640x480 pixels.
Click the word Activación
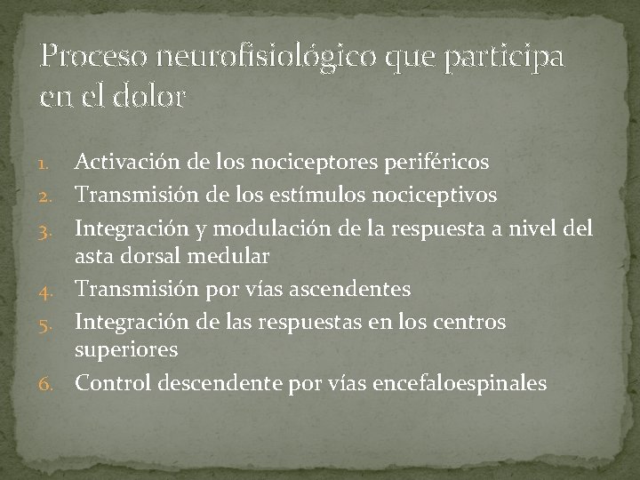(127, 163)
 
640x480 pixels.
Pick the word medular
(233, 256)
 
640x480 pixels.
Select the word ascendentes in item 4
(356, 288)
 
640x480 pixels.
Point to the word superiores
(126, 350)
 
